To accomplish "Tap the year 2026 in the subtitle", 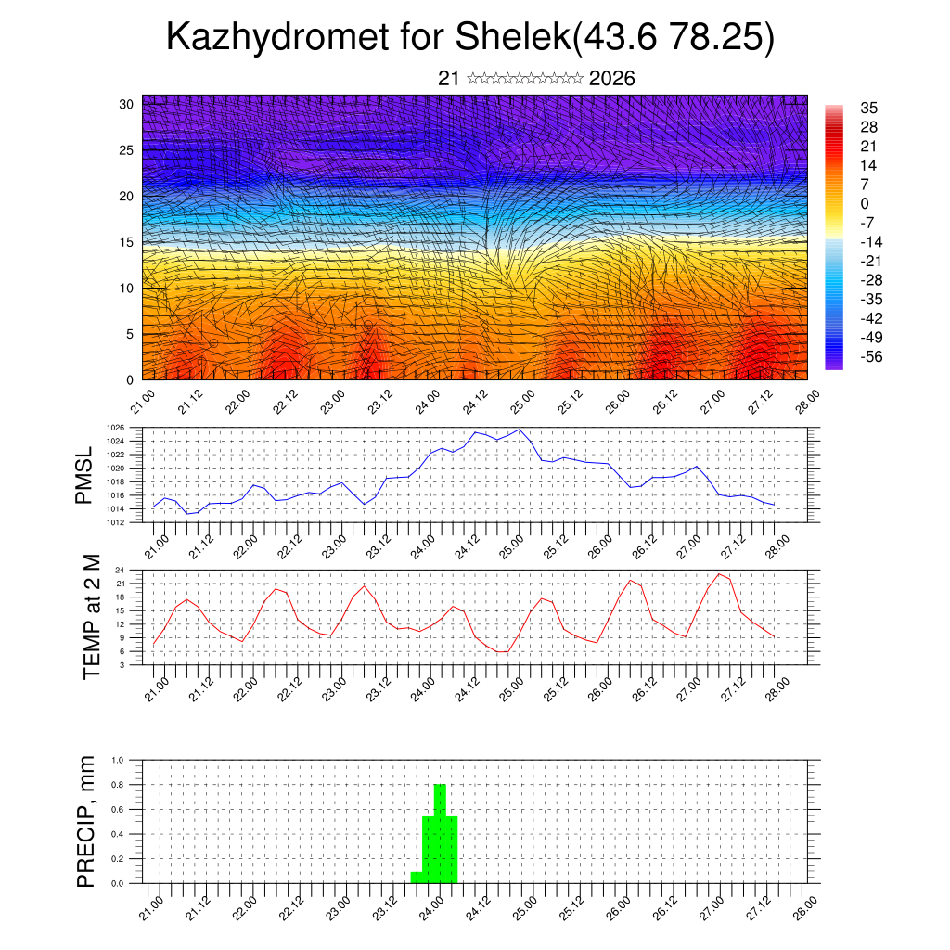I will coord(611,79).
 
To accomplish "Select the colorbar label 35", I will coord(868,108).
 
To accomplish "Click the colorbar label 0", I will coord(865,203).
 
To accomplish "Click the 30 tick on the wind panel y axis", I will coord(126,104).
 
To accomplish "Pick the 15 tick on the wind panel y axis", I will coord(126,242).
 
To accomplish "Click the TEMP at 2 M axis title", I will coord(92,617).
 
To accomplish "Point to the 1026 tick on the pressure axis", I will coord(114,428).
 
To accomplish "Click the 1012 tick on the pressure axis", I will coord(114,522).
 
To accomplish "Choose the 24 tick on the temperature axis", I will coord(120,570).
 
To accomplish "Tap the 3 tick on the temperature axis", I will coord(122,664).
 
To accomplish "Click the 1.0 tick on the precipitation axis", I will coord(118,760).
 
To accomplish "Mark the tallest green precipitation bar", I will coord(440,833).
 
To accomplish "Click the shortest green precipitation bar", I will coord(417,878).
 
